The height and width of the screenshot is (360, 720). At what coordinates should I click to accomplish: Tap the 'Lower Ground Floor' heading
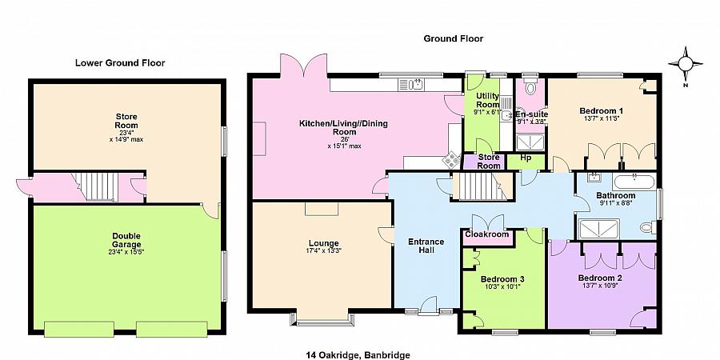(120, 62)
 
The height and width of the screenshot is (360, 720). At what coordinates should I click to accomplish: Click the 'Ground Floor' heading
(454, 38)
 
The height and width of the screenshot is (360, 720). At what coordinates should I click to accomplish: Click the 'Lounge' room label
(322, 243)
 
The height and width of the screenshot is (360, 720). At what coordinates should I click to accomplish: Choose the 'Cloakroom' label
(487, 235)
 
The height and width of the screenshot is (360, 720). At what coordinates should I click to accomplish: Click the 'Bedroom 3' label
(502, 279)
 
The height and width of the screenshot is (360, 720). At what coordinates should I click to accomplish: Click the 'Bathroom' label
(616, 196)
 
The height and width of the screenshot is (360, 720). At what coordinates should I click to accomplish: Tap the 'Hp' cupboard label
(526, 158)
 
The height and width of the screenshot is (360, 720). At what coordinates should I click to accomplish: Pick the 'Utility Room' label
(487, 101)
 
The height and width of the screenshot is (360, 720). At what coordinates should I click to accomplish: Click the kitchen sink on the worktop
(414, 83)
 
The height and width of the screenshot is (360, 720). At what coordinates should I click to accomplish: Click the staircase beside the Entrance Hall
(476, 188)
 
